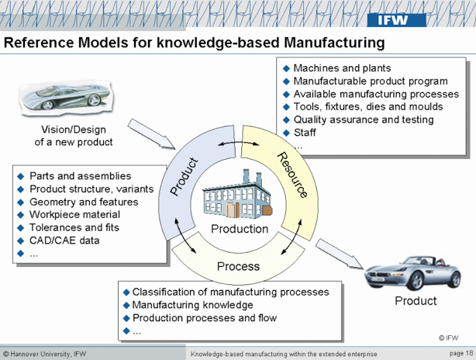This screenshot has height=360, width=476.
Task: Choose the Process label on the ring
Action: click(x=238, y=267)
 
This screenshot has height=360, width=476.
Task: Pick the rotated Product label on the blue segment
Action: click(x=184, y=176)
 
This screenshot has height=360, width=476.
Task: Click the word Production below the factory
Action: click(x=240, y=229)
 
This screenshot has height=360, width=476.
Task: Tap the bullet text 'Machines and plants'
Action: click(x=342, y=68)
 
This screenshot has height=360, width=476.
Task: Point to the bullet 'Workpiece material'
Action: click(x=74, y=214)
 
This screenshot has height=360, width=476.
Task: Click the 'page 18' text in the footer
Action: click(x=459, y=353)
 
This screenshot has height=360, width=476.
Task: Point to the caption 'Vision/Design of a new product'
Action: click(x=74, y=136)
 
